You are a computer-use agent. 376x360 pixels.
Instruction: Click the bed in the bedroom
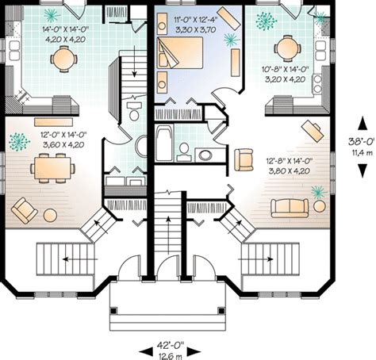click(180, 53)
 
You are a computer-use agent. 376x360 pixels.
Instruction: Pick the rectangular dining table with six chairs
click(52, 168)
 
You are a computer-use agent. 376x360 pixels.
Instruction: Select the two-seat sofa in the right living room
click(290, 208)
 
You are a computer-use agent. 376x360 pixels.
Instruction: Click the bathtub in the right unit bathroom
click(164, 143)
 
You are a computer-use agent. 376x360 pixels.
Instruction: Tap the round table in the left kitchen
click(63, 59)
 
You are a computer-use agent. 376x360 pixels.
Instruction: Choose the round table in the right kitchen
click(287, 48)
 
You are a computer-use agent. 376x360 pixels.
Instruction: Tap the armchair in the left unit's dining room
click(24, 211)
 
